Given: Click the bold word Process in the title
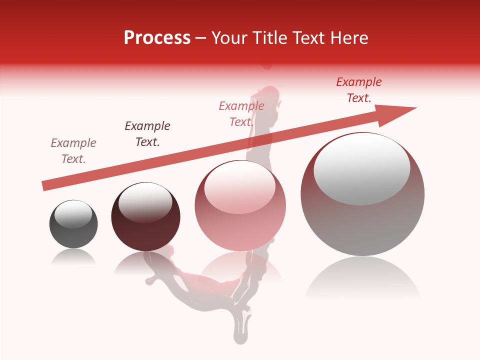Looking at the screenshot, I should [157, 38].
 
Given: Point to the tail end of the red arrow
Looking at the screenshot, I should [44, 186].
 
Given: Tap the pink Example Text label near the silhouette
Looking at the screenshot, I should [241, 114].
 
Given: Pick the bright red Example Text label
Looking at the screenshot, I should [359, 90].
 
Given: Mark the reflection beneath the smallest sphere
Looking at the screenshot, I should [73, 257].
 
